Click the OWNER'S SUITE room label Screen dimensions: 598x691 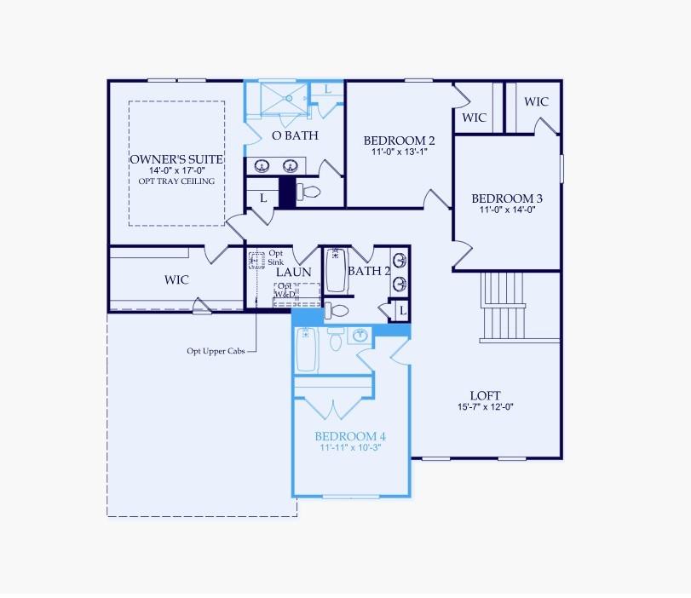coord(176,159)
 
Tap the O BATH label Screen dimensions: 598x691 coord(290,135)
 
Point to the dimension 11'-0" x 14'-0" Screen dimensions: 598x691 coord(507,210)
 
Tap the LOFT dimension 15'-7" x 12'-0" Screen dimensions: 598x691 coord(485,406)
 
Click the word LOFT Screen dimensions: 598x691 coord(485,395)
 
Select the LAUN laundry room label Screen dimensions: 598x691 coord(293,272)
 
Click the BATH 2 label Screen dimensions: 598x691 coord(368,272)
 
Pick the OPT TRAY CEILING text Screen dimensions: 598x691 coord(176,181)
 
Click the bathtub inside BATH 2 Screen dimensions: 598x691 coord(335,270)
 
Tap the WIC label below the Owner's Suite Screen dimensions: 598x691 coord(176,279)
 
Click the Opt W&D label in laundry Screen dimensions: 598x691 coord(285,290)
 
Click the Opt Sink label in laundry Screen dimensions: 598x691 coord(276,258)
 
